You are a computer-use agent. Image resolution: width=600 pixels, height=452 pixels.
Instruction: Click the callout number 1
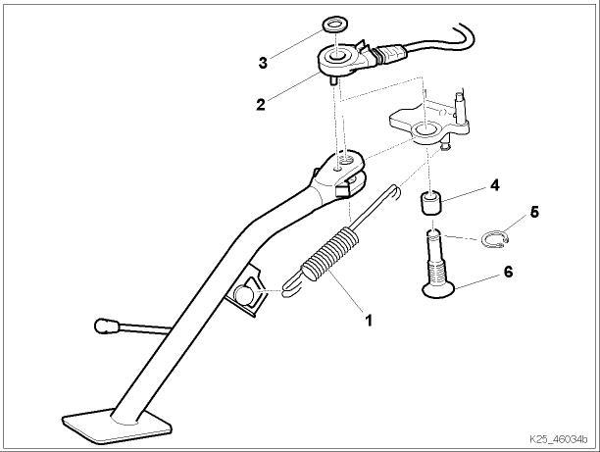tap(369, 319)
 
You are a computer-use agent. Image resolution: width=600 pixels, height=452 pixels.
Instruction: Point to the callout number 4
tap(495, 183)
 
